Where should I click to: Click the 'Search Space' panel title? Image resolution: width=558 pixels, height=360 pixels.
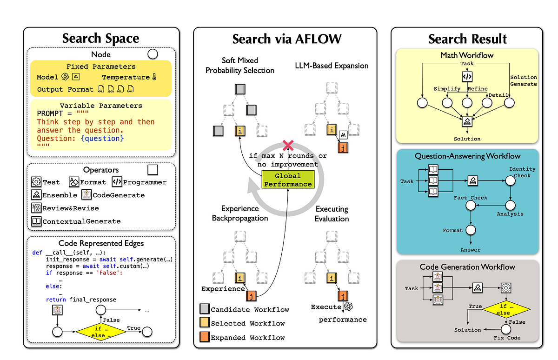point(101,38)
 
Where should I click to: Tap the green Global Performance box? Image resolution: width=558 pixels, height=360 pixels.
point(288,180)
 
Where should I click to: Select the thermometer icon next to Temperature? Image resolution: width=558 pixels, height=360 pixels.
point(155,77)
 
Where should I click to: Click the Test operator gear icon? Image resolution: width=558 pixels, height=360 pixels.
point(36,182)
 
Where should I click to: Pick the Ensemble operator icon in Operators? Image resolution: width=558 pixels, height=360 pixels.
point(36,195)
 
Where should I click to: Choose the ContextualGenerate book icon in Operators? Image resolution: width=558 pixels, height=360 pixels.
point(36,221)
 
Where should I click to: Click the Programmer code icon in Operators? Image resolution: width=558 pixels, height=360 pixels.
point(117,182)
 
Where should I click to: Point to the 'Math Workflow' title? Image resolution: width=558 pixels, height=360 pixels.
point(467,55)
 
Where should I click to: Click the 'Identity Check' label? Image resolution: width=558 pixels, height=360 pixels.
point(522,172)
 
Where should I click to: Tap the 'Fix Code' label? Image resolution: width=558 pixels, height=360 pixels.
point(507,337)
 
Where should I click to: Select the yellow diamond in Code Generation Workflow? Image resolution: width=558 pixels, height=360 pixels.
point(503,309)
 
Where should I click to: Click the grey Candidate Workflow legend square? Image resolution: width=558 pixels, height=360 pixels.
point(204,309)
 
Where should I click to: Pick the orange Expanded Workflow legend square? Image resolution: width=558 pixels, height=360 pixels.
point(204,337)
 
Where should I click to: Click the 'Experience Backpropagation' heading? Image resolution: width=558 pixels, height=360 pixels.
point(240,213)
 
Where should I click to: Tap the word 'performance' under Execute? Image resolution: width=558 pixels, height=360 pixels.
point(342,320)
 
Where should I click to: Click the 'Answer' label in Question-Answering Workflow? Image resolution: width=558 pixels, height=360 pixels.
point(471,250)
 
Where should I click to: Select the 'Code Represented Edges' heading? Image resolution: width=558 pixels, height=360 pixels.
point(101,243)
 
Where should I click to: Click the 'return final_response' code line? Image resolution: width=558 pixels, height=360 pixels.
point(81,300)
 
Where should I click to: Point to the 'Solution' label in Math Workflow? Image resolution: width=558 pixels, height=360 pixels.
point(467,139)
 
